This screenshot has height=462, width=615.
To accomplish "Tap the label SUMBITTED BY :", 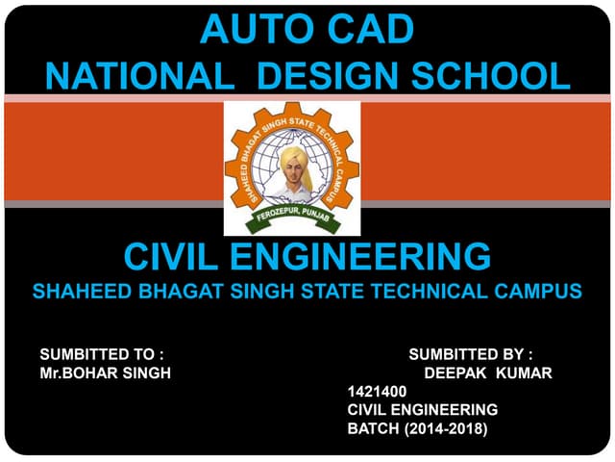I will [x=471, y=354].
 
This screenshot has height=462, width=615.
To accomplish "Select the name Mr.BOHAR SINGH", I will [x=106, y=373].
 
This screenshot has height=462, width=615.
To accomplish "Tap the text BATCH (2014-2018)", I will [x=417, y=428].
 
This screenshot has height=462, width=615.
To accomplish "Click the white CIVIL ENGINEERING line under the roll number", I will [x=422, y=410].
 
